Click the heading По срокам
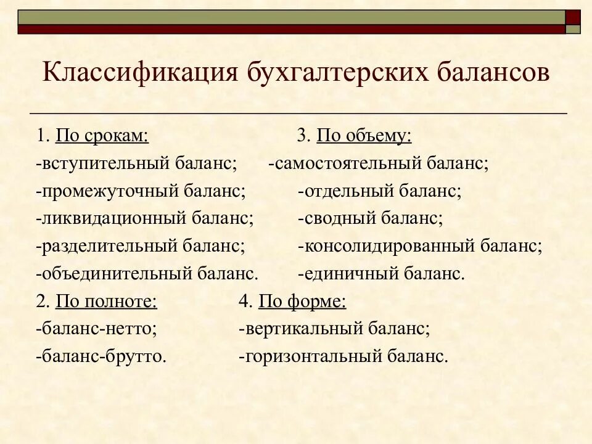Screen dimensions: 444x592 coord(102,136)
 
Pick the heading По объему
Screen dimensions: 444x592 coord(364,136)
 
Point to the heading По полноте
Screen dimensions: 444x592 coord(106,302)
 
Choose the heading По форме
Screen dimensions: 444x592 coord(302,302)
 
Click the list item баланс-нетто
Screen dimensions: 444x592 coord(96,329)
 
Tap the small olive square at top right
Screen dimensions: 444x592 coord(573,29)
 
